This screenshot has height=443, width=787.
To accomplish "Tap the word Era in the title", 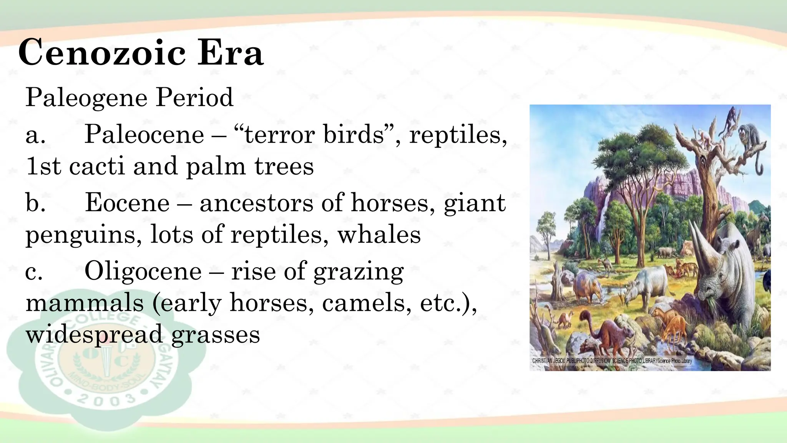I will click(231, 53).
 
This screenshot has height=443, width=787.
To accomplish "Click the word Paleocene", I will click(144, 135).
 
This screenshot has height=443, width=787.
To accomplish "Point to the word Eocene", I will click(127, 203).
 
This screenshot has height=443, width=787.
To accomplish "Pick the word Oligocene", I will click(143, 271).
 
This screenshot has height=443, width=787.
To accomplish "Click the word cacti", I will click(97, 166).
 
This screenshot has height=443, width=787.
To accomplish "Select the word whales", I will click(379, 235).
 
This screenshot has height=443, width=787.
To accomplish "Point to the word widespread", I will click(94, 334).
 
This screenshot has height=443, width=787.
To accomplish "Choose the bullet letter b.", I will click(35, 203).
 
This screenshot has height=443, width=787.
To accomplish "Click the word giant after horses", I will click(475, 203).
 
